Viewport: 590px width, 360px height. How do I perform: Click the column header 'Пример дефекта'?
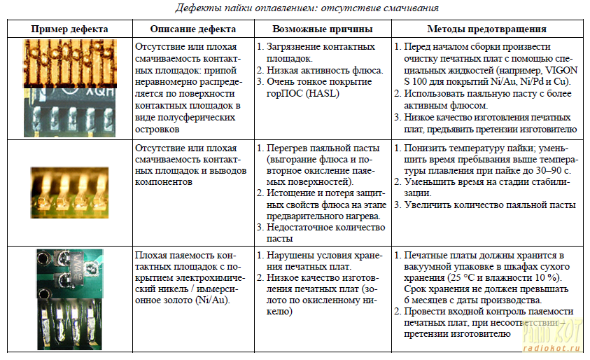click(69, 29)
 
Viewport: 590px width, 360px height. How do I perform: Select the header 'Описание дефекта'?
click(192, 29)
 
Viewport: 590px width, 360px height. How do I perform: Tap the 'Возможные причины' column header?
click(322, 29)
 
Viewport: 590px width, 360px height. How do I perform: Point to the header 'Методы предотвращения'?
click(486, 29)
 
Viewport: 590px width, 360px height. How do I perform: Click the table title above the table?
click(297, 8)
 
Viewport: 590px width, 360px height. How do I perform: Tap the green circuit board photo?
click(69, 298)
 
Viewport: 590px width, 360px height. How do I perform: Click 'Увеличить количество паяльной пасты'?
click(489, 205)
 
